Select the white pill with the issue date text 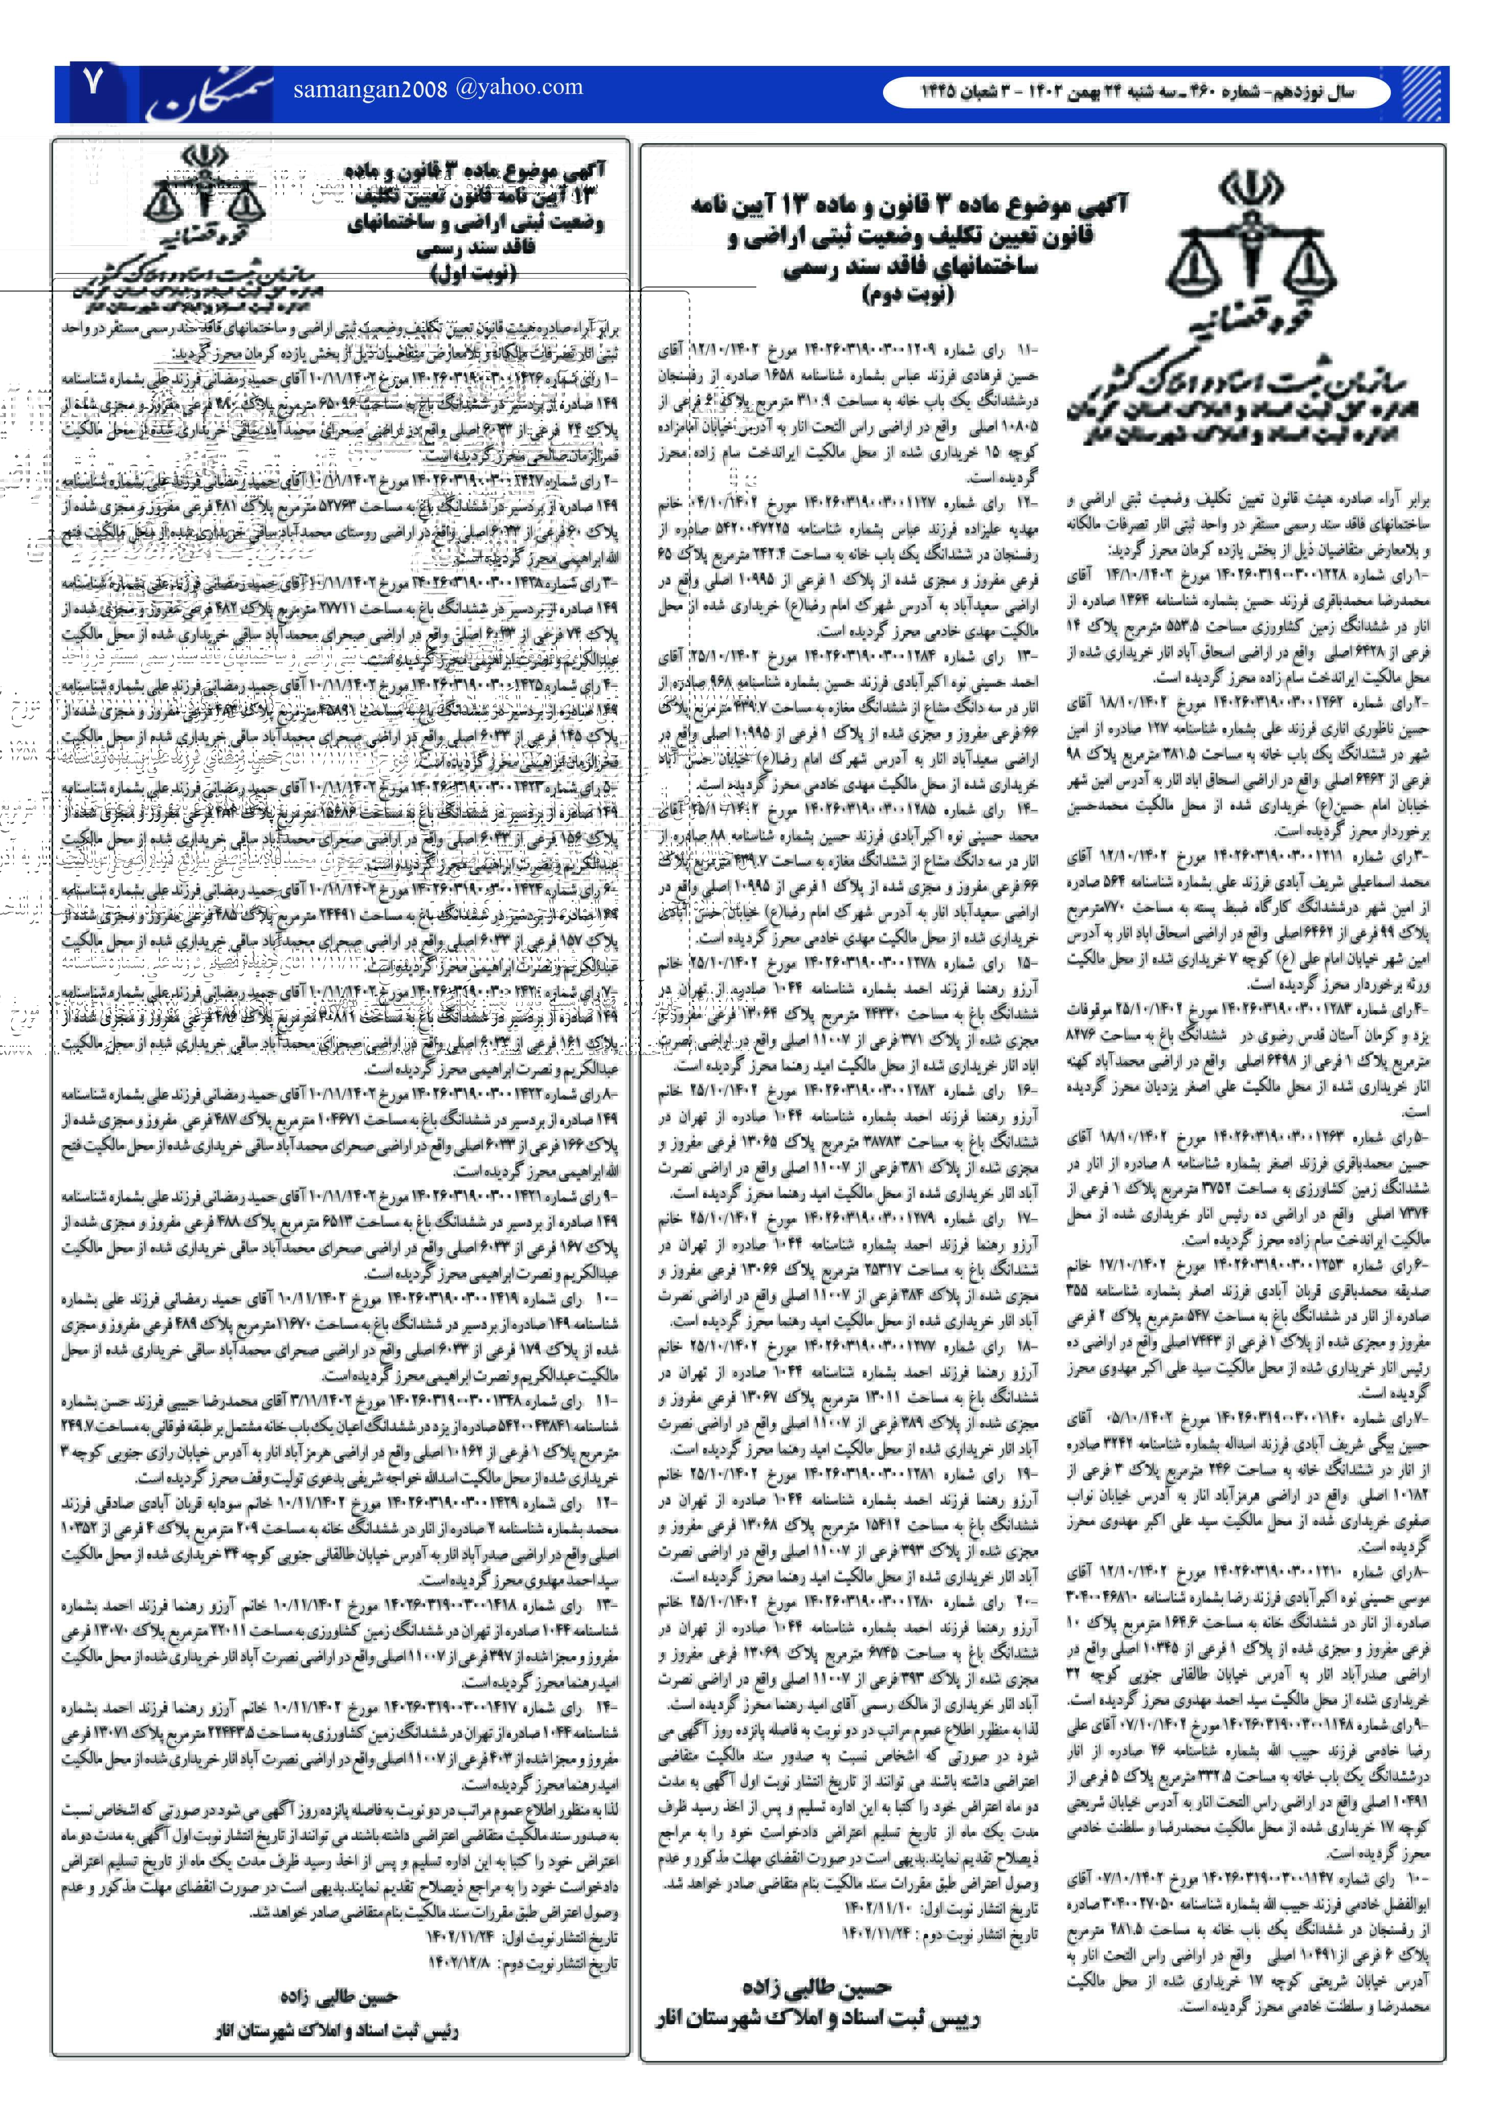tap(1135, 92)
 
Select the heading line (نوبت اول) tap(473, 273)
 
